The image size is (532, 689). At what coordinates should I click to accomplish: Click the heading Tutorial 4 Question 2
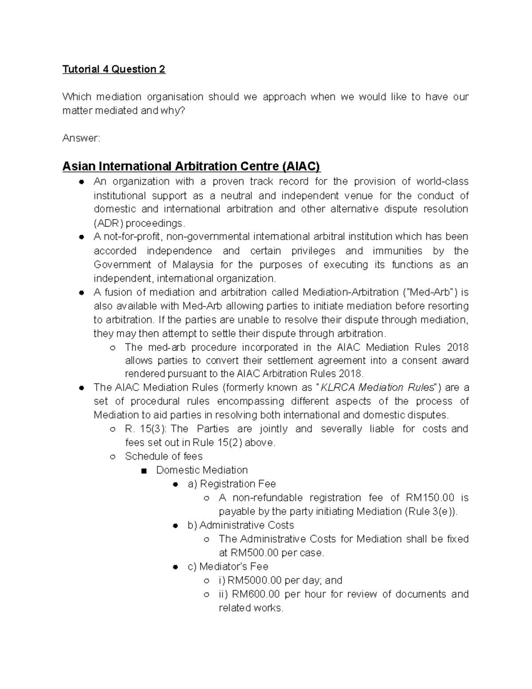[x=113, y=69]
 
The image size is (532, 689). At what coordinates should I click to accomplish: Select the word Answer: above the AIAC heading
[x=81, y=138]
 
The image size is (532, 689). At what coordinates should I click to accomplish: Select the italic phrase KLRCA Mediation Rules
[x=377, y=387]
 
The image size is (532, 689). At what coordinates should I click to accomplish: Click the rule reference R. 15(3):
[x=146, y=429]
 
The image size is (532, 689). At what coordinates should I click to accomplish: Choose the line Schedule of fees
[x=164, y=457]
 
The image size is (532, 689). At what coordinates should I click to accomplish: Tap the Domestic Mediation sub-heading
[x=202, y=470]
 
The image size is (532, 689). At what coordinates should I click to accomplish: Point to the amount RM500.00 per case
[x=271, y=553]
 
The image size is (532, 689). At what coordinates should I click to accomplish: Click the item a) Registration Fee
[x=232, y=484]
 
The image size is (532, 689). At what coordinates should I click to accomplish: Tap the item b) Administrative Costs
[x=241, y=525]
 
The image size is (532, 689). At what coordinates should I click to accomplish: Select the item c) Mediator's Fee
[x=228, y=567]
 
